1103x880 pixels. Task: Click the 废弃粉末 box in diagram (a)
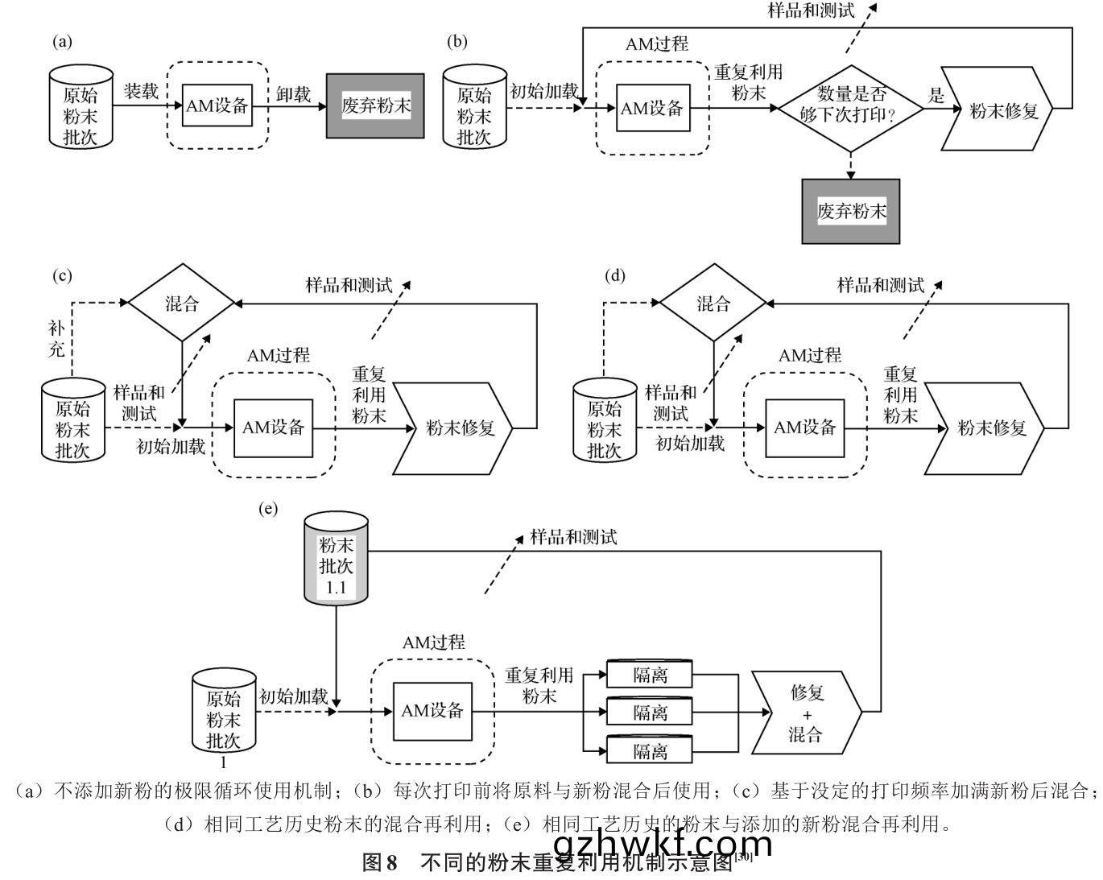tap(375, 105)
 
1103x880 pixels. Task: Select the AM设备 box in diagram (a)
tap(217, 105)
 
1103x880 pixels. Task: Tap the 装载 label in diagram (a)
tap(140, 91)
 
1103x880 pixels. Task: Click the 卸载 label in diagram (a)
tap(293, 94)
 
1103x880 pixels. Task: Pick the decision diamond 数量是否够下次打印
tap(850, 107)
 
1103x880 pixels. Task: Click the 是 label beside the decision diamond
tap(936, 96)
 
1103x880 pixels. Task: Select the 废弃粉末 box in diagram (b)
tap(851, 211)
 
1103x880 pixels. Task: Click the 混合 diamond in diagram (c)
tap(182, 304)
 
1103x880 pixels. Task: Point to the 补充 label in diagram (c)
tap(56, 339)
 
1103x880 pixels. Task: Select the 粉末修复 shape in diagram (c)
tap(456, 428)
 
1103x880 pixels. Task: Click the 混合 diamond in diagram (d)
tap(713, 304)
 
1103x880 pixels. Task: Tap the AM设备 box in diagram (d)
tap(805, 428)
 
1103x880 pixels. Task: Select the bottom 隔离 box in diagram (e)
tap(650, 751)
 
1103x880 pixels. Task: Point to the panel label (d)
tap(614, 276)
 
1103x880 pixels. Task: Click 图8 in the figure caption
tap(381, 863)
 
